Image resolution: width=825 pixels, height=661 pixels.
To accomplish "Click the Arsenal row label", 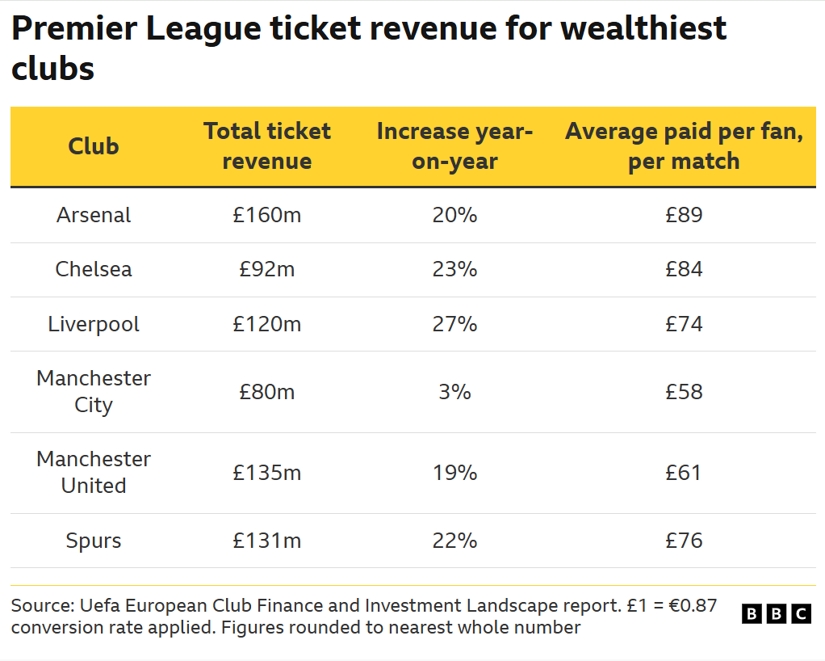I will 94,215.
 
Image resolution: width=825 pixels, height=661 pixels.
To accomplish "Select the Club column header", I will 94,146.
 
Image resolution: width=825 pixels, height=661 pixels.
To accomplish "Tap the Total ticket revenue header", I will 267,146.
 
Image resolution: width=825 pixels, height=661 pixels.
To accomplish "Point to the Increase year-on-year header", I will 454,146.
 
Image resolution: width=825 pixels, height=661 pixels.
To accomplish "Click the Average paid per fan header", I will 684,146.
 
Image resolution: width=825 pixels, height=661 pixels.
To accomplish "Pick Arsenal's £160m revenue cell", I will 267,215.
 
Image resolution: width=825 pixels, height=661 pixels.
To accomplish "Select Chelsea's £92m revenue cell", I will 267,269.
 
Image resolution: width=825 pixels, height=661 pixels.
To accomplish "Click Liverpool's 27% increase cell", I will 454,324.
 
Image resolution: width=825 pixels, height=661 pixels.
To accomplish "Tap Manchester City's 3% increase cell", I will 454,392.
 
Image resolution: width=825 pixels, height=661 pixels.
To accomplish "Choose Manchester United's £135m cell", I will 267,473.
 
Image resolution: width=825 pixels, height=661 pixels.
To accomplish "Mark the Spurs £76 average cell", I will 684,541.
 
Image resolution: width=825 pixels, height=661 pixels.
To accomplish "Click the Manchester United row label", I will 94,473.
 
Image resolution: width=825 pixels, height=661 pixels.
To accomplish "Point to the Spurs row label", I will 94,541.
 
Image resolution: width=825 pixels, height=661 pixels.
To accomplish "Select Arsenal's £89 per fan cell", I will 684,215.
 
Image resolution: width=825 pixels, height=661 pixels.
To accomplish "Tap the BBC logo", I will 777,614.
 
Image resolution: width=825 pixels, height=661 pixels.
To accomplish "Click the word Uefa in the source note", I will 100,605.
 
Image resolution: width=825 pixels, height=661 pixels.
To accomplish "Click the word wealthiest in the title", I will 643,29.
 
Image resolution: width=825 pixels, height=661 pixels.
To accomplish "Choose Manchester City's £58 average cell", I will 684,392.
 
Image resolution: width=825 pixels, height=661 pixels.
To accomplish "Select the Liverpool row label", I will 94,324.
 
